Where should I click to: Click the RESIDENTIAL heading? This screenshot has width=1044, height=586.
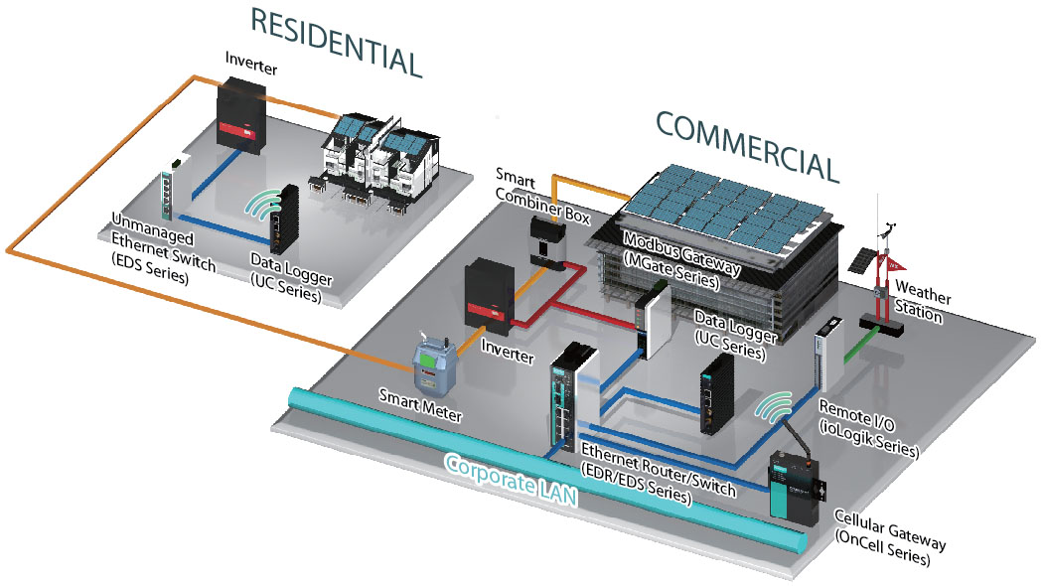coord(335,42)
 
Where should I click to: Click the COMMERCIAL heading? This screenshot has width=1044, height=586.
coord(747,145)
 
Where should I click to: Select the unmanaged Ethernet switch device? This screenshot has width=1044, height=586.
coord(170,188)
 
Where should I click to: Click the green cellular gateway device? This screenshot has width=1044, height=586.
coord(794,485)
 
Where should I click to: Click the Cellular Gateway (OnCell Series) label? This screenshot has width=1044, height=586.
coord(889,536)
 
